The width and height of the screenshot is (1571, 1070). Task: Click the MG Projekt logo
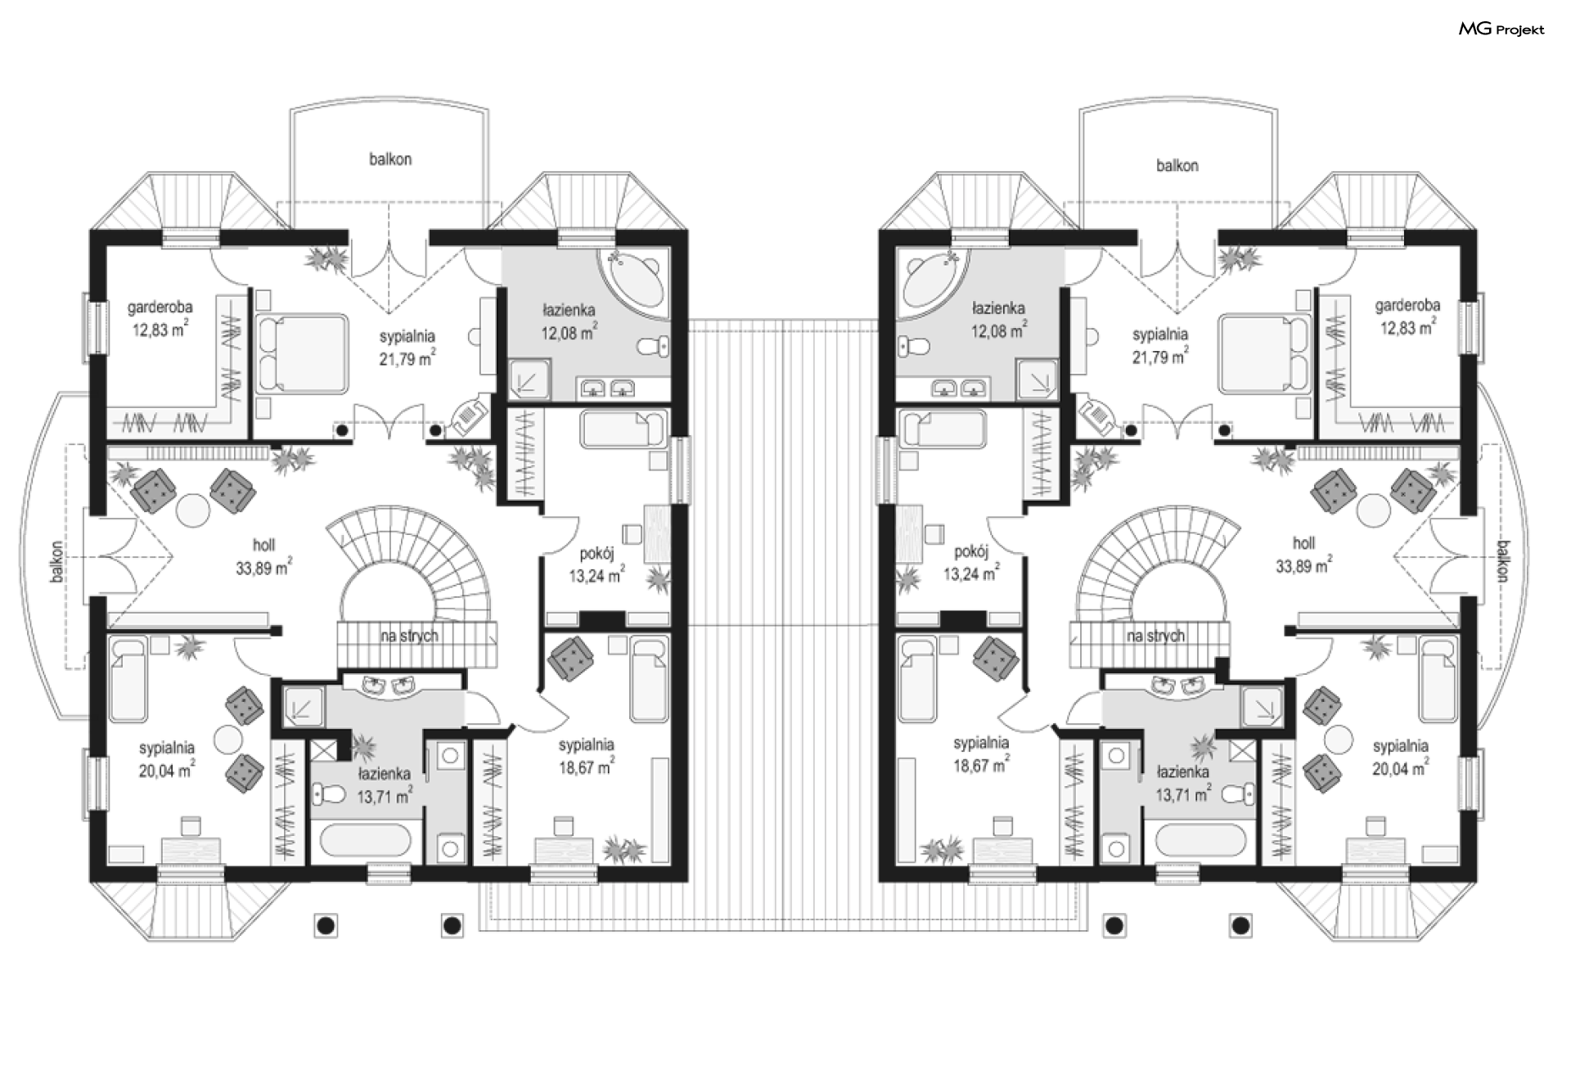[1501, 29]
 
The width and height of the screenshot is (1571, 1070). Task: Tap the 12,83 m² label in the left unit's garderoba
[161, 330]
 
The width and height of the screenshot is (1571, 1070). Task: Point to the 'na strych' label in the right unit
[1155, 636]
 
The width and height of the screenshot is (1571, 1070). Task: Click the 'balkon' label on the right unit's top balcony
[1177, 165]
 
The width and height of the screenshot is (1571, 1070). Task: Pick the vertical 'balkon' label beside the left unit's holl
[56, 561]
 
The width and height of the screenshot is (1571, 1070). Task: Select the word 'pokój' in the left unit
[596, 552]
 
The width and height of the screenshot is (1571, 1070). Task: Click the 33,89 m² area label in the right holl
[1303, 565]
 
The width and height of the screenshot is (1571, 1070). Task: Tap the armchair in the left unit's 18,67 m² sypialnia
[572, 659]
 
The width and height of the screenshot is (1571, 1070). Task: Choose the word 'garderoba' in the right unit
[1407, 305]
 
